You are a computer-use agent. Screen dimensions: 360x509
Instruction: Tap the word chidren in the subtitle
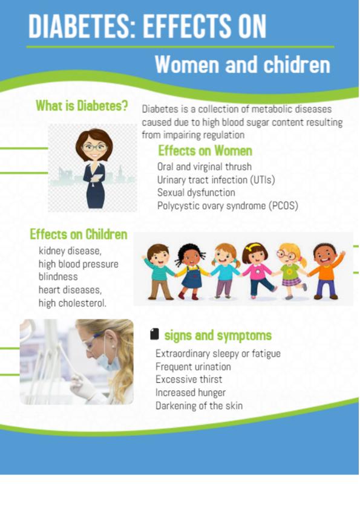pos(296,64)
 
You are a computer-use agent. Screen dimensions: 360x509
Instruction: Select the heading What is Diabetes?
pos(82,106)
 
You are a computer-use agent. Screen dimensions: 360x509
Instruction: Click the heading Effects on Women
pos(205,151)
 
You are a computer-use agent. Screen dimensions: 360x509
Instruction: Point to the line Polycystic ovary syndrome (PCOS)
pos(227,206)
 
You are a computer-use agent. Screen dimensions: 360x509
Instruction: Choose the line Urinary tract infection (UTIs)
pos(216,180)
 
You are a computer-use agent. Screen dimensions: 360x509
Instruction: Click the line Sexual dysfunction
pos(196,192)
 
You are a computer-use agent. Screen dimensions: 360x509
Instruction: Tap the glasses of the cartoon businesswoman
pos(94,148)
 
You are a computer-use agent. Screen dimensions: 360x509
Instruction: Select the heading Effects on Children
pos(78,235)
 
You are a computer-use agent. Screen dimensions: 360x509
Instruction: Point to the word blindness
pos(58,277)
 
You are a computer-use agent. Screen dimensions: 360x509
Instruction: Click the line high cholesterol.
pos(73,303)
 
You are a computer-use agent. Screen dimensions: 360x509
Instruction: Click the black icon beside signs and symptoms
pos(155,334)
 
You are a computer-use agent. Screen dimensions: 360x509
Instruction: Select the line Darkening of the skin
pos(199,406)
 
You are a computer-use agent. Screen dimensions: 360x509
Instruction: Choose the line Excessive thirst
pos(189,380)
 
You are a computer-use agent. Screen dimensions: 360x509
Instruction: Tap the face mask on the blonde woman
pos(109,362)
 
